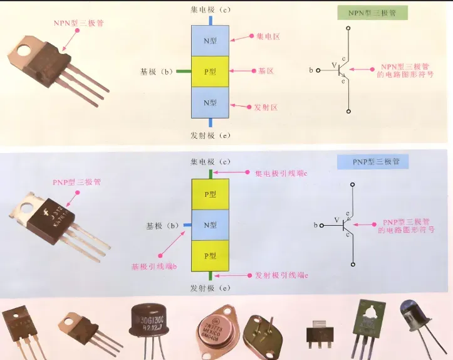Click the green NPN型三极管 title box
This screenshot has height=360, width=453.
[x=372, y=13]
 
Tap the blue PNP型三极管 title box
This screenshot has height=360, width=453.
[x=372, y=162]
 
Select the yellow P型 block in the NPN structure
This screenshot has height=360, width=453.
[x=211, y=71]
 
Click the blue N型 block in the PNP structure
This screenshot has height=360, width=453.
[x=211, y=225]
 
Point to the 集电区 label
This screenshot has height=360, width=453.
[x=268, y=36]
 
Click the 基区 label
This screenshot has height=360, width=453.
[x=266, y=71]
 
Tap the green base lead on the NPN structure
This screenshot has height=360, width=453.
[x=183, y=71]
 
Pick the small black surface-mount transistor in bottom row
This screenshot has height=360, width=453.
[x=319, y=330]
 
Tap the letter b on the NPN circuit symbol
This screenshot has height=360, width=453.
[x=311, y=70]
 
